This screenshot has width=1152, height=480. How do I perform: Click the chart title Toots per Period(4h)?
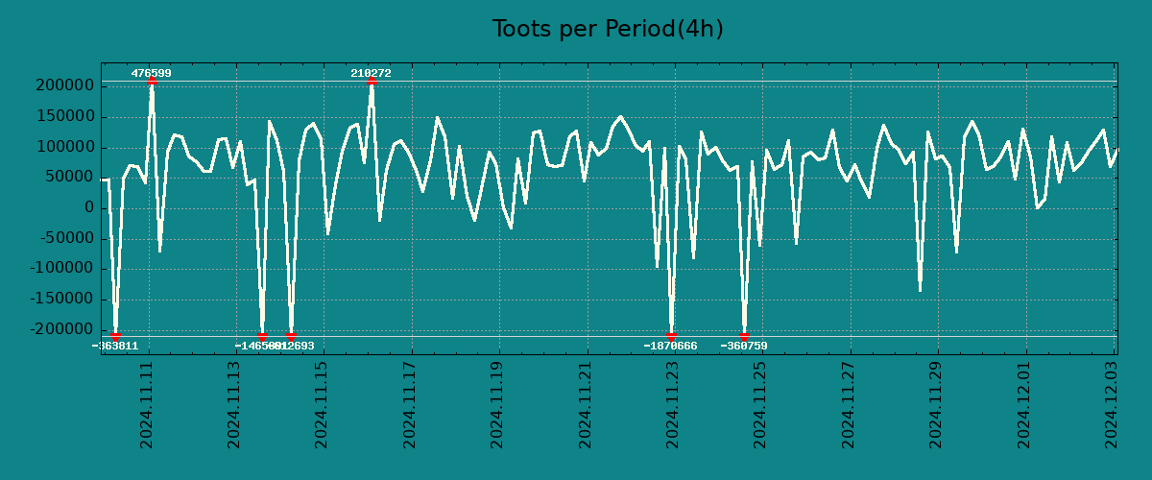(608, 29)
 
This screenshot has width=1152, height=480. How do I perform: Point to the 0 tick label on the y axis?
(88, 208)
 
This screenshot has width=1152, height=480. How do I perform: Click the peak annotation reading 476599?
(152, 73)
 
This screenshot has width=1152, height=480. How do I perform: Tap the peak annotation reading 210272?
(371, 73)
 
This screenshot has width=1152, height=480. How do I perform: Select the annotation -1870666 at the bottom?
(670, 346)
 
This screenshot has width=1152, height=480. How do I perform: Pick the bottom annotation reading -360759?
(744, 346)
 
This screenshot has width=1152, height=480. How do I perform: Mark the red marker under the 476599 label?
(152, 82)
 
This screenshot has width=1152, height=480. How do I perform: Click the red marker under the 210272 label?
(372, 82)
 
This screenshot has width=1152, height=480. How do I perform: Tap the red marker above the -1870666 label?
(671, 336)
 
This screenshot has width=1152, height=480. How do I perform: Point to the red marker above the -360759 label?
(744, 336)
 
